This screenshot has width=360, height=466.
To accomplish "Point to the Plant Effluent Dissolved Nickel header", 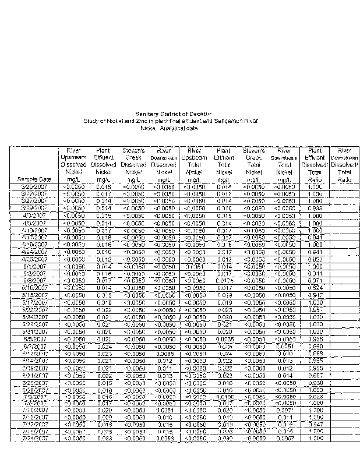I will (x=104, y=165).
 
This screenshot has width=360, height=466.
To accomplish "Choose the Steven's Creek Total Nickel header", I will (x=253, y=165).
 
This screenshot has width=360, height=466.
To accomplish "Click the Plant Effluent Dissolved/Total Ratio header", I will (x=315, y=165).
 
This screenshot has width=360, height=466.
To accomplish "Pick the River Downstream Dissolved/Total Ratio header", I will (x=345, y=165).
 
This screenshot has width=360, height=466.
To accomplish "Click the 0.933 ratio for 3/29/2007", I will (x=315, y=207).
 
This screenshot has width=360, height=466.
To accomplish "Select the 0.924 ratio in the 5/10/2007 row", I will (x=315, y=288).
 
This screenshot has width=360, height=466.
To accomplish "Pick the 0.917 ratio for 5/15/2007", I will (x=315, y=295).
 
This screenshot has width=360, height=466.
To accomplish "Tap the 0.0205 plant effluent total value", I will (x=224, y=338).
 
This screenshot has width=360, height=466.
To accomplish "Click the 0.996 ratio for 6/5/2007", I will (x=315, y=338).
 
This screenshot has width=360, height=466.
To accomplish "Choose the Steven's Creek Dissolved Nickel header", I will (x=134, y=165).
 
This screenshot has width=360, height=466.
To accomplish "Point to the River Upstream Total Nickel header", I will (x=193, y=165).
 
